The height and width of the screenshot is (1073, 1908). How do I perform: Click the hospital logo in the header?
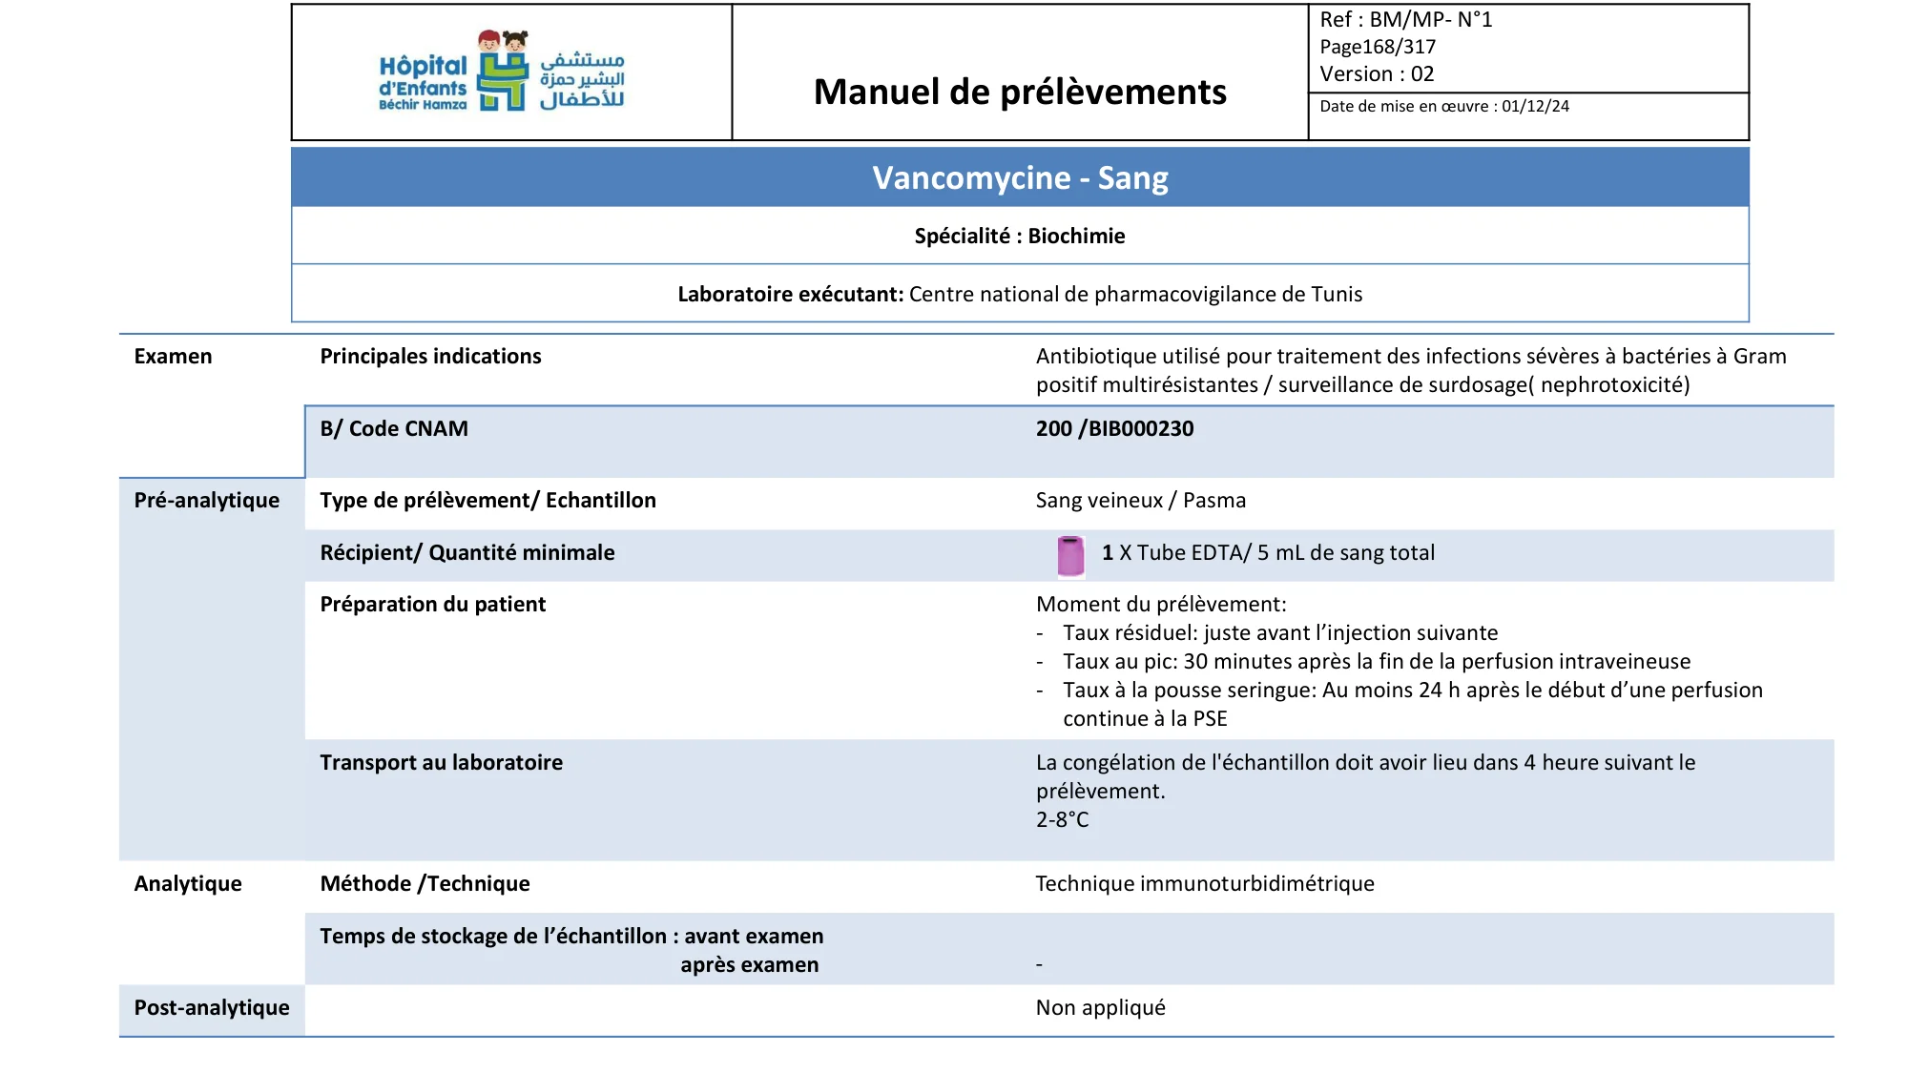click(x=502, y=72)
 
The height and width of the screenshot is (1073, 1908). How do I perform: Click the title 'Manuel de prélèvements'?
click(x=1020, y=92)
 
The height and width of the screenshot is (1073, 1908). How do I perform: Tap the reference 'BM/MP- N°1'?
click(x=1430, y=19)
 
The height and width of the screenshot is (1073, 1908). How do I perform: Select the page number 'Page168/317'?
click(x=1377, y=47)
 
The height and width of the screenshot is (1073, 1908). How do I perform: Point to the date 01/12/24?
click(x=1535, y=106)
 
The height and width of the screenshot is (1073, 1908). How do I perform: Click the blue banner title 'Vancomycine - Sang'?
click(x=1020, y=178)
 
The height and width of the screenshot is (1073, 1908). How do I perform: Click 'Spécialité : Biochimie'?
click(x=1020, y=236)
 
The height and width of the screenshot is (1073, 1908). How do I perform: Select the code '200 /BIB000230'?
click(x=1114, y=428)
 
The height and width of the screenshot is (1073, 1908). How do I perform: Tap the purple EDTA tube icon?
click(x=1070, y=555)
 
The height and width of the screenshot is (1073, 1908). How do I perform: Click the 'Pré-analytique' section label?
click(x=206, y=500)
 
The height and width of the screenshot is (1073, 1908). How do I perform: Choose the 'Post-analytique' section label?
click(x=211, y=1007)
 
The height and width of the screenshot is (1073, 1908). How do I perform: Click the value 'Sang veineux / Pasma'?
click(x=1140, y=500)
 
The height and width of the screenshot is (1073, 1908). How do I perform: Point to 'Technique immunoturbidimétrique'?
click(x=1204, y=883)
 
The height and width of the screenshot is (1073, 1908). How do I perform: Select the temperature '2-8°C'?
click(x=1062, y=819)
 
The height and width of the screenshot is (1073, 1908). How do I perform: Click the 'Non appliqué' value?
click(x=1100, y=1007)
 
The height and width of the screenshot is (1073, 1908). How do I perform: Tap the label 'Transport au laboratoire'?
click(x=441, y=762)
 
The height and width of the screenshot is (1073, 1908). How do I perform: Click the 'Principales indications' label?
click(x=430, y=356)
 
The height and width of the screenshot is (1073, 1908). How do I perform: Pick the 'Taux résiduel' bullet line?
click(x=1279, y=632)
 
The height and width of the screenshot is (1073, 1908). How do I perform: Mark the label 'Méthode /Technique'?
click(x=425, y=883)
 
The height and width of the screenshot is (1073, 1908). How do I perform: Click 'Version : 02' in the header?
click(x=1376, y=73)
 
